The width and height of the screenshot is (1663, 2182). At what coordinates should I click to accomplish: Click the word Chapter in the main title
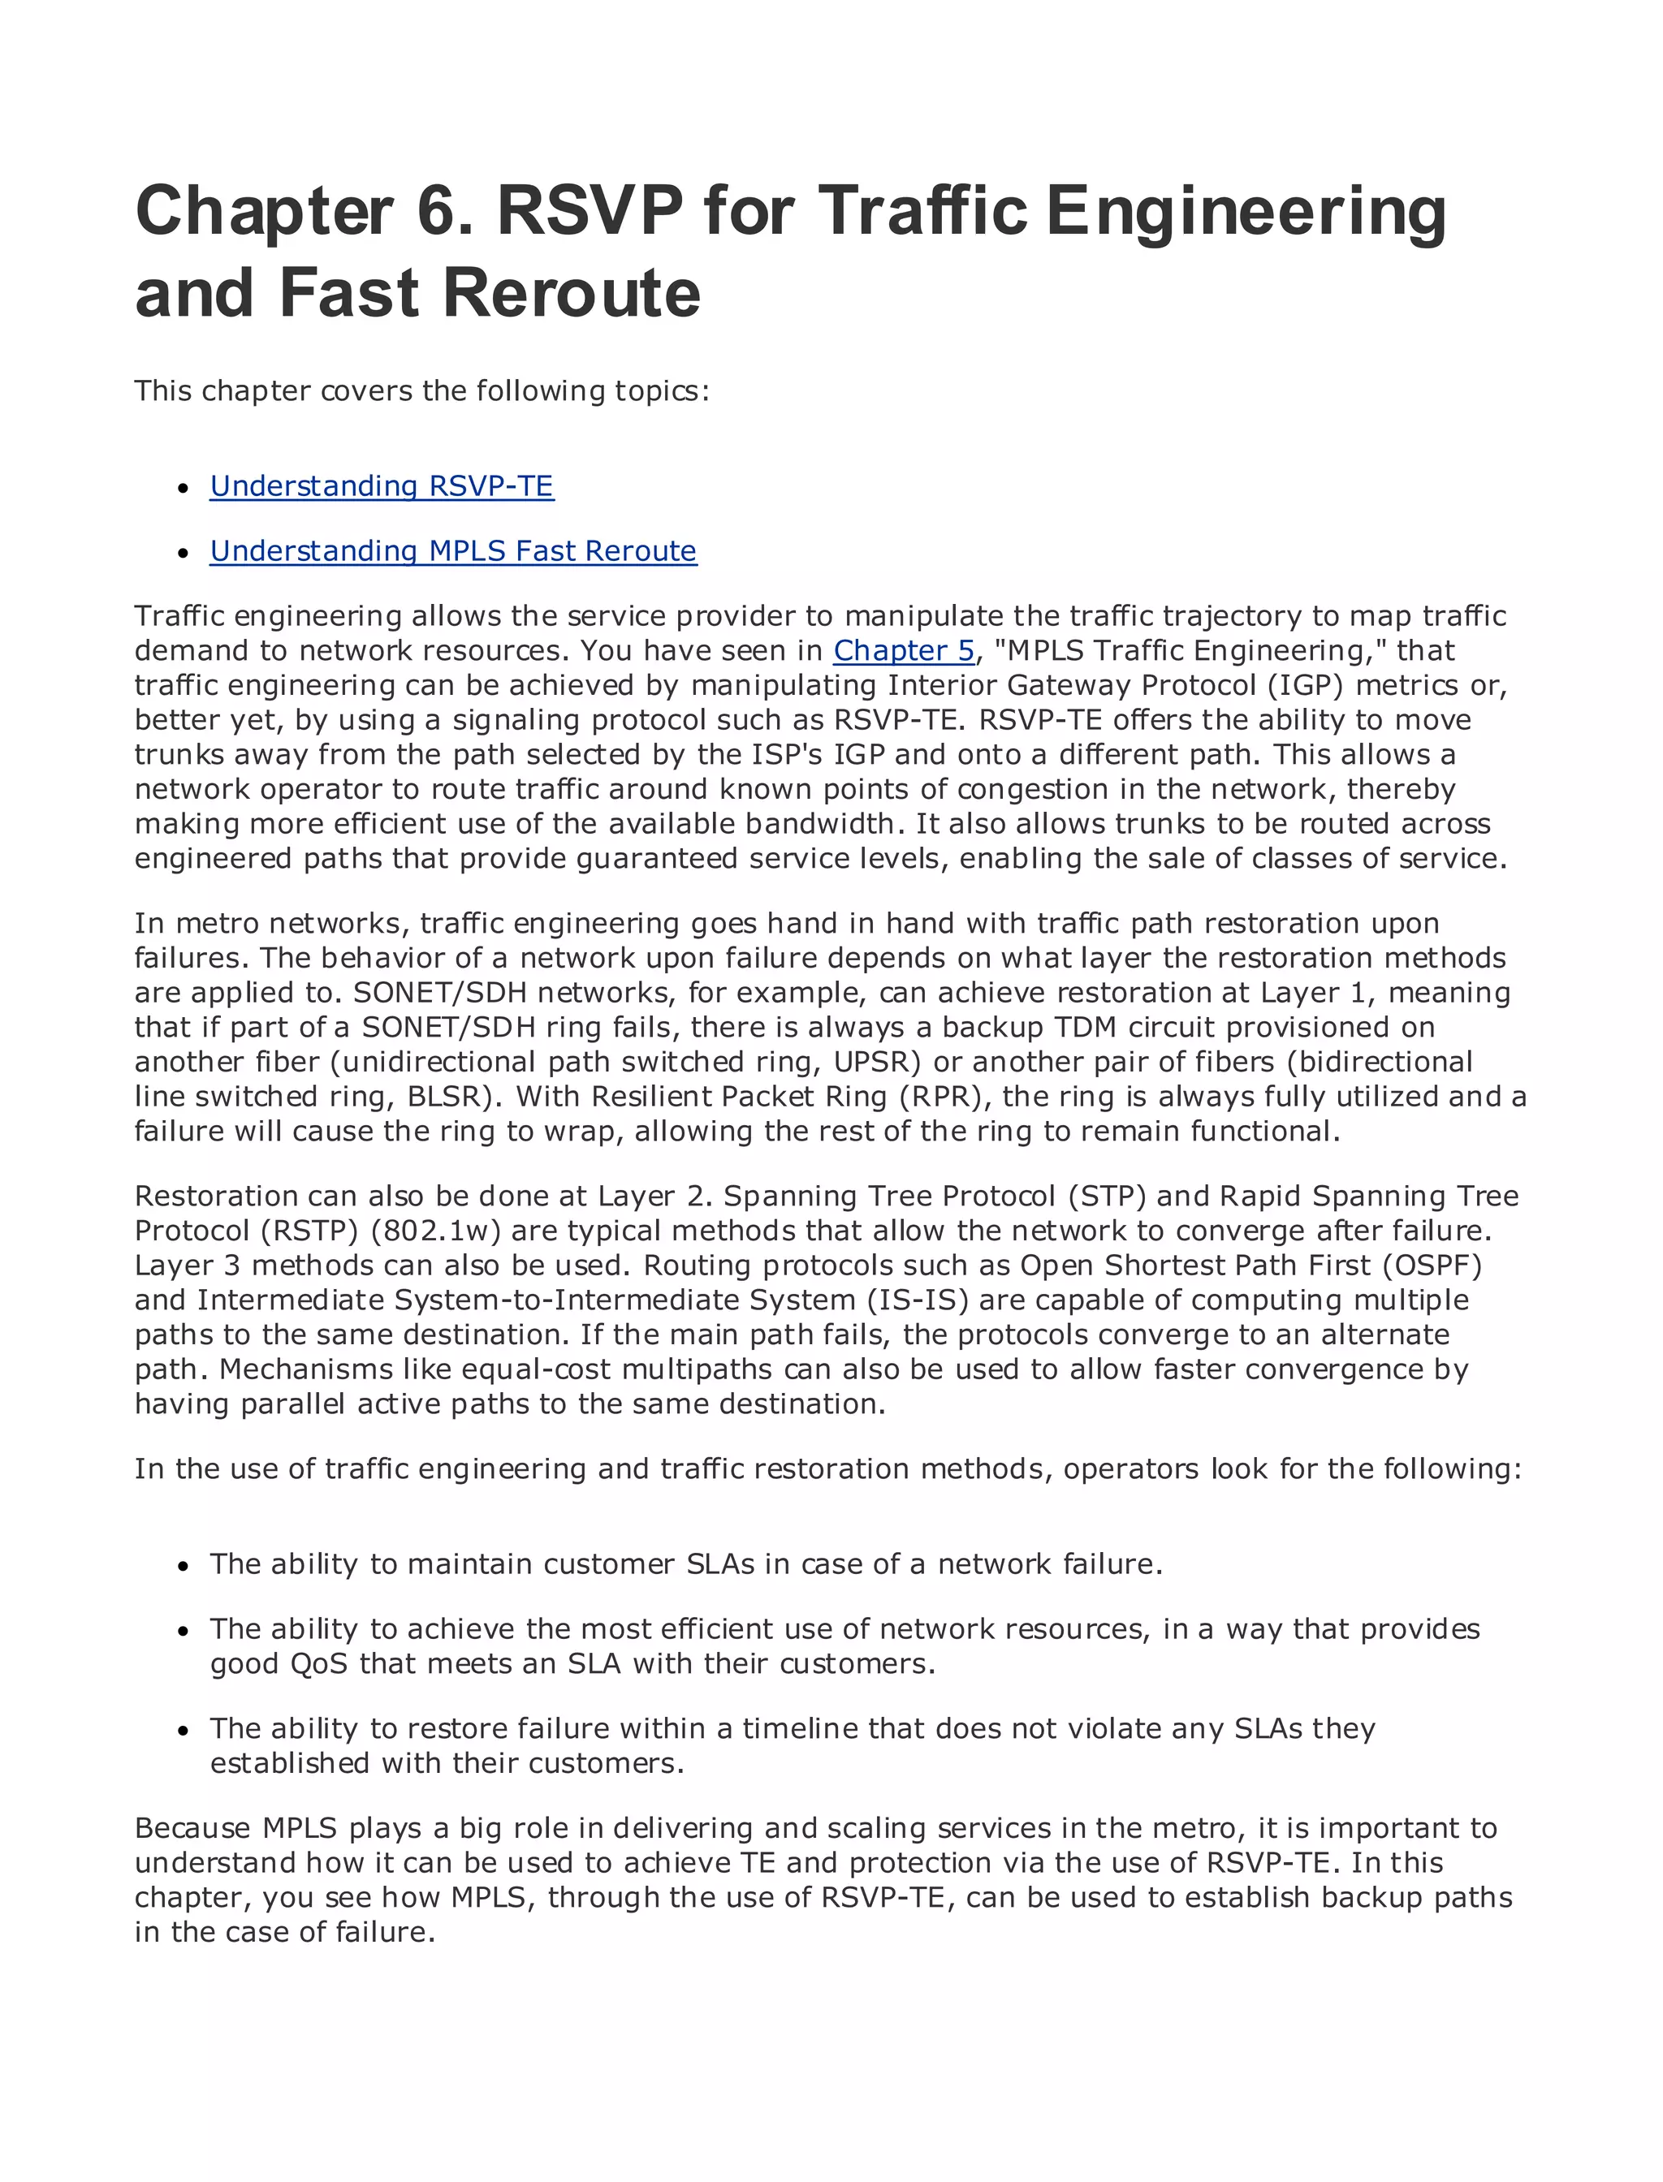(264, 211)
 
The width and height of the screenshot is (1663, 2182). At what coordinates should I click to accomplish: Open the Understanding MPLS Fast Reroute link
(452, 550)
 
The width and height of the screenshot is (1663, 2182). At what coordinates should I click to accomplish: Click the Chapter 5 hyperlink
(904, 650)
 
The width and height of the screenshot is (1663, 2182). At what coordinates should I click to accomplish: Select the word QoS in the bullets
(319, 1663)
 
